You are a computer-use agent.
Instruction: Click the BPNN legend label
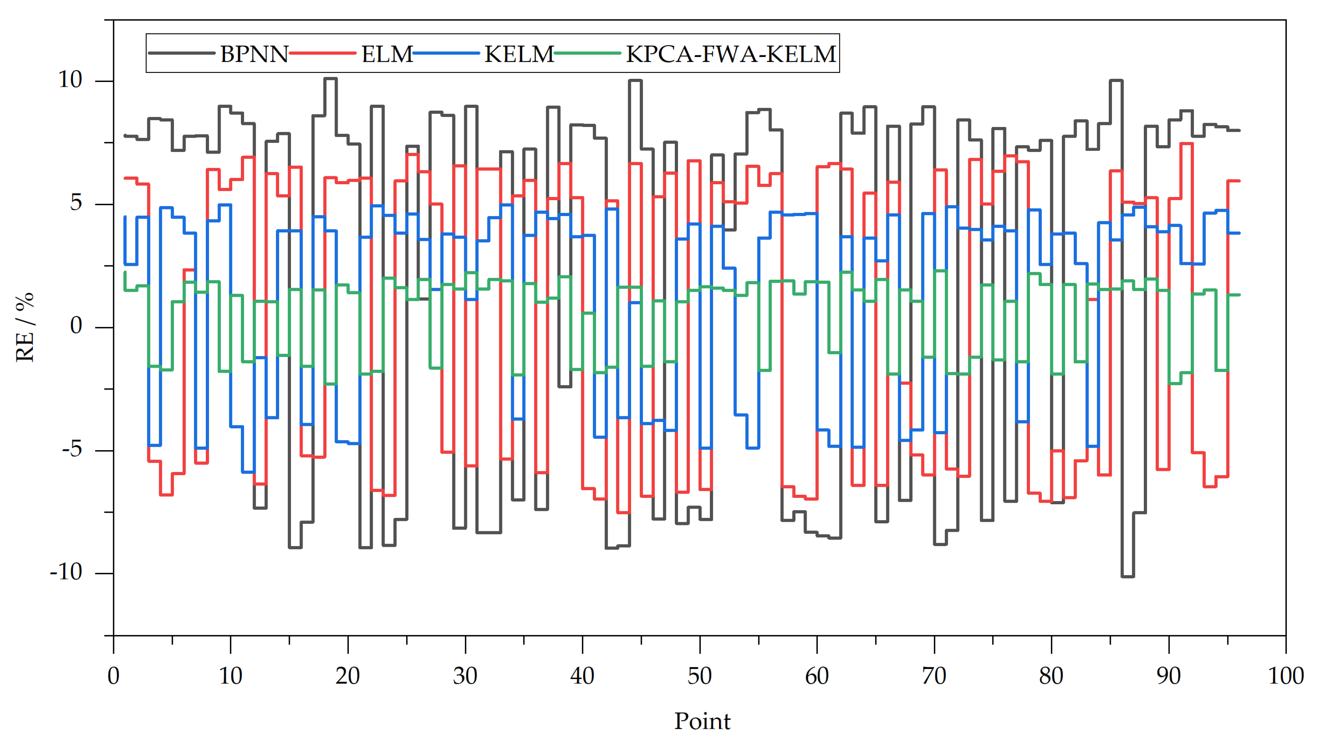tap(254, 54)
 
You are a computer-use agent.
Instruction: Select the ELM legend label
tap(387, 54)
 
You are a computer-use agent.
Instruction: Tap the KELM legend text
tap(518, 54)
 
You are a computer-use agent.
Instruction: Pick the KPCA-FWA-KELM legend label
tap(731, 54)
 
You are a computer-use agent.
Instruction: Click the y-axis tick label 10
tap(70, 80)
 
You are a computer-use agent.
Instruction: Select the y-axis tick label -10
tap(66, 572)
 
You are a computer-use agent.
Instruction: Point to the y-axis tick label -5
tap(71, 449)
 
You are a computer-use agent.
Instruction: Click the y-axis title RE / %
tap(25, 328)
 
